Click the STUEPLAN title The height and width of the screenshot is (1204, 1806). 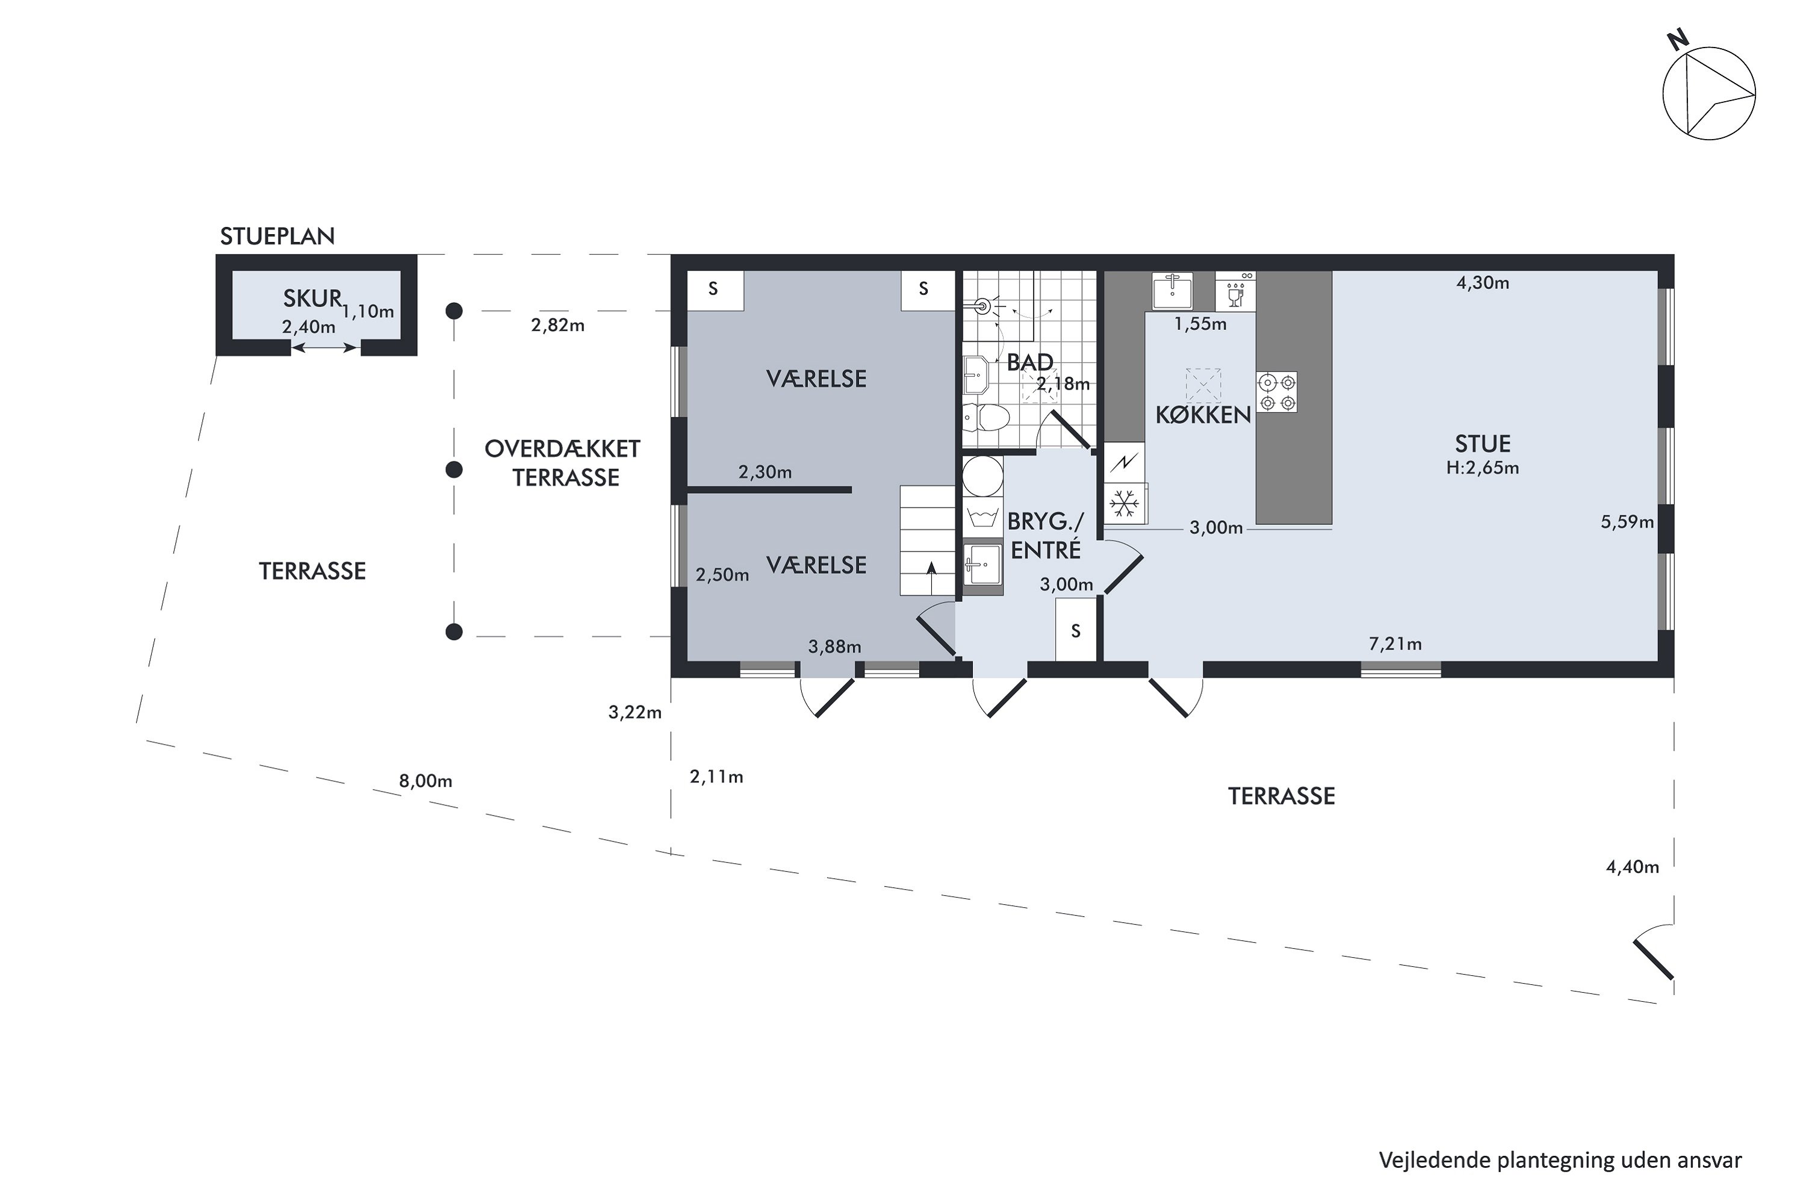tap(277, 237)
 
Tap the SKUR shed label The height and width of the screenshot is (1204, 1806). tap(312, 298)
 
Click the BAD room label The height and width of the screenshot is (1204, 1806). tap(1029, 362)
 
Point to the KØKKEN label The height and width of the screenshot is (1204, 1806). tap(1203, 415)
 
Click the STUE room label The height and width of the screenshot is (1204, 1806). tap(1483, 444)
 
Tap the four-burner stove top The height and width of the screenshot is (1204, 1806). tap(1276, 393)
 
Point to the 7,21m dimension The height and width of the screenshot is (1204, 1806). tap(1395, 644)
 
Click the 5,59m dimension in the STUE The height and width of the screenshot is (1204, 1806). tap(1627, 522)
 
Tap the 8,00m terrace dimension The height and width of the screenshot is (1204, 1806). tap(426, 781)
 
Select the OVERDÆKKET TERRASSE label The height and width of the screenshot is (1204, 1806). tap(563, 463)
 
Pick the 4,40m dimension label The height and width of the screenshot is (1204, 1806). tap(1633, 867)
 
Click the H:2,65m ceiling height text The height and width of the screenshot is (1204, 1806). tap(1483, 468)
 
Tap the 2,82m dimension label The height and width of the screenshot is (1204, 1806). tap(557, 325)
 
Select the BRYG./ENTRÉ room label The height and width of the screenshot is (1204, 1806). tap(1046, 535)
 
